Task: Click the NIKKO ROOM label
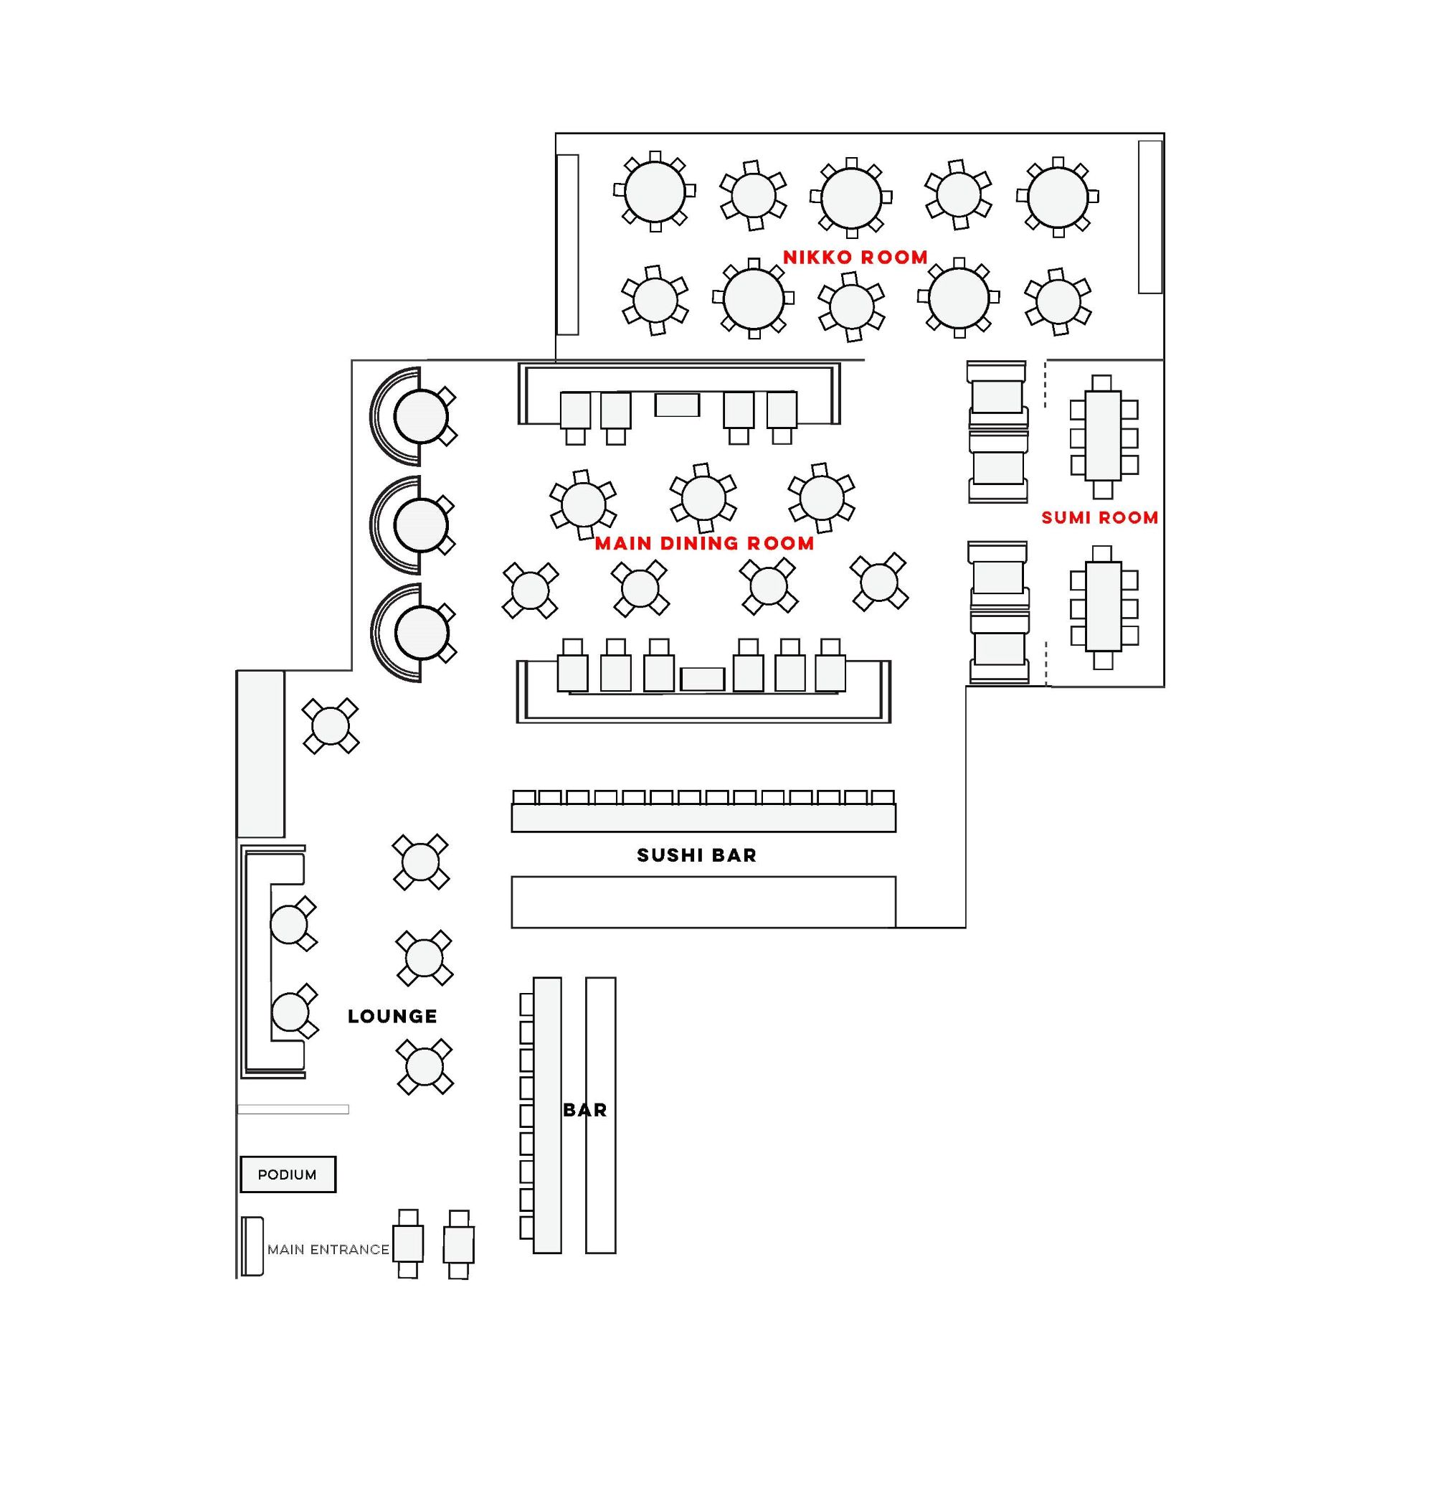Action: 855,258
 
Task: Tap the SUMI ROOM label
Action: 1099,518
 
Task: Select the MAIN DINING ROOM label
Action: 703,544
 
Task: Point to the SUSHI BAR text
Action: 696,855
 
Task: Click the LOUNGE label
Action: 392,1017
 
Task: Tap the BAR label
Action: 584,1111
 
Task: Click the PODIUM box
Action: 288,1175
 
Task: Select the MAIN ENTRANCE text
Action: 328,1250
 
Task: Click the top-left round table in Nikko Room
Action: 654,192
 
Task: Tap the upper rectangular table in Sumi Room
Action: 1102,436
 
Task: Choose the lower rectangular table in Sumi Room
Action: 1102,606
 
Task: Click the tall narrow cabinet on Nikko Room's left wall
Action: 567,245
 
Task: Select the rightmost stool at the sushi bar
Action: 883,797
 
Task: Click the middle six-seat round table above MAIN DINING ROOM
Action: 703,498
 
